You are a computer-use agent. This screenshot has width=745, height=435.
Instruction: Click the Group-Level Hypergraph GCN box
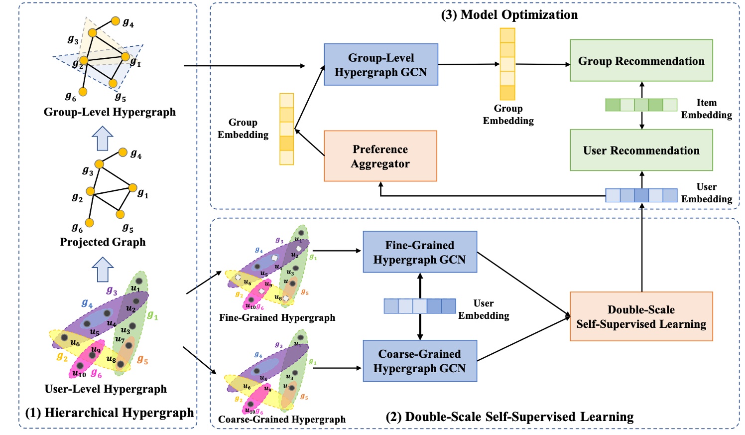(381, 65)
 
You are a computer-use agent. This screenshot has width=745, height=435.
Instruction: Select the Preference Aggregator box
(380, 156)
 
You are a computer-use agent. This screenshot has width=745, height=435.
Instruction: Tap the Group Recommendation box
(641, 61)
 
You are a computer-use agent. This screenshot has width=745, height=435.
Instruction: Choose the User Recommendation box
(641, 150)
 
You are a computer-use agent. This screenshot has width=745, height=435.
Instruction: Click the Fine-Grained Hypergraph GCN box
(420, 252)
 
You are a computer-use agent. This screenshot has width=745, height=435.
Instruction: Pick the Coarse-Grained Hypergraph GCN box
(420, 361)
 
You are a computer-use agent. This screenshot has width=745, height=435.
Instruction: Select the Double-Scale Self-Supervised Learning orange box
(641, 317)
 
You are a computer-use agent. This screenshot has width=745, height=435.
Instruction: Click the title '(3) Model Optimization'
(509, 15)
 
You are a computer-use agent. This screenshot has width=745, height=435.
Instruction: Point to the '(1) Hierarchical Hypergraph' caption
(110, 413)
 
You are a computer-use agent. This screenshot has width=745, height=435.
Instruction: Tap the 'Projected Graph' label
(103, 242)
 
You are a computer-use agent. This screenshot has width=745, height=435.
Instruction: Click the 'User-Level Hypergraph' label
(106, 389)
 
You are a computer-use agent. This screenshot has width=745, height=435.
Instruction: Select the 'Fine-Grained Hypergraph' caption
(277, 318)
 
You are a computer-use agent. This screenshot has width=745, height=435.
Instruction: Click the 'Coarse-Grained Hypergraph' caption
(282, 420)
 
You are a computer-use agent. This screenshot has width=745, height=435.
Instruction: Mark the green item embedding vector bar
(641, 105)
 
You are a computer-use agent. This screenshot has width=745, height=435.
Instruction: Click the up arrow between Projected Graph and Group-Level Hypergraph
(103, 138)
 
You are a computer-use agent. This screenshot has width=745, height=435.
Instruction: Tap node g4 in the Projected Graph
(123, 152)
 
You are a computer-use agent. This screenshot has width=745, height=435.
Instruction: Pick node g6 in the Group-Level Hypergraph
(83, 92)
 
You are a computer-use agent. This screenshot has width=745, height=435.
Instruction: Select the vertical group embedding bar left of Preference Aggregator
(286, 129)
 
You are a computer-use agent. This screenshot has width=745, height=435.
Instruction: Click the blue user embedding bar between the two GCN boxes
(420, 306)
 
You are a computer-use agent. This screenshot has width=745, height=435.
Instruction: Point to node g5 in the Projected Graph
(120, 215)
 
